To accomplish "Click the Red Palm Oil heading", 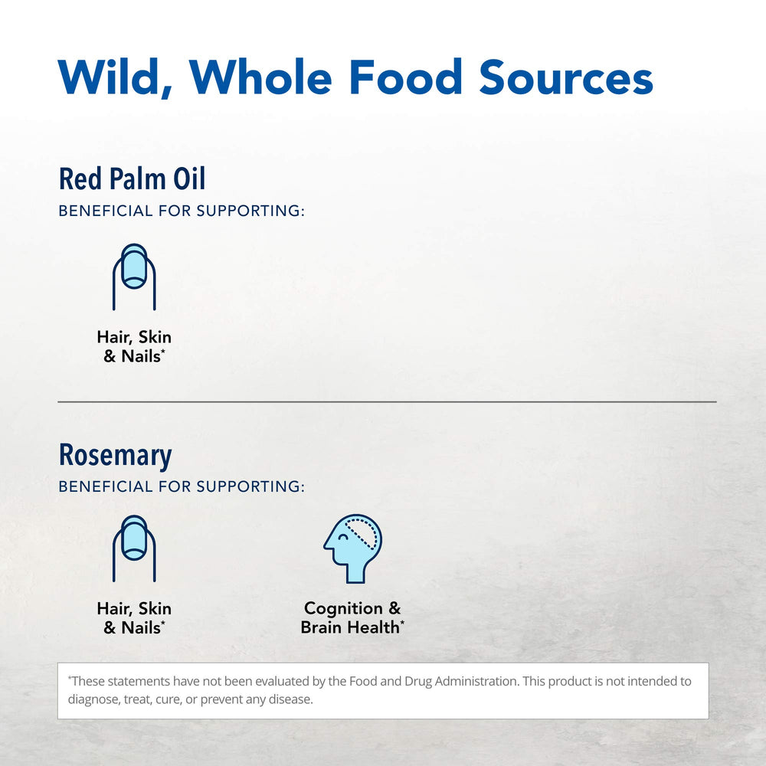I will pyautogui.click(x=132, y=179).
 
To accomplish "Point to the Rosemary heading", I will pyautogui.click(x=115, y=455).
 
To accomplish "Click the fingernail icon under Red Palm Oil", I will pyautogui.click(x=134, y=277).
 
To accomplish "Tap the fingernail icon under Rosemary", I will pyautogui.click(x=134, y=548).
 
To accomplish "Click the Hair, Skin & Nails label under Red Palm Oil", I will pyautogui.click(x=134, y=346).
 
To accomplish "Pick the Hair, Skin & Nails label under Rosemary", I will pyautogui.click(x=134, y=617).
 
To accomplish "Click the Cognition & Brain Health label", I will pyautogui.click(x=352, y=617).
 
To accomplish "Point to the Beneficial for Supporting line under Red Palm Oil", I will pyautogui.click(x=182, y=211).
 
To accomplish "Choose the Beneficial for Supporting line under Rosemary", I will pyautogui.click(x=182, y=486).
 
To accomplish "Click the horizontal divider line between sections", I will pyautogui.click(x=387, y=401).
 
